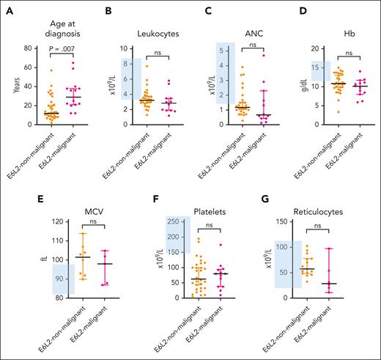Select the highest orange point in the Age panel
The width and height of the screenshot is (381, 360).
(x=31, y=70)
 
